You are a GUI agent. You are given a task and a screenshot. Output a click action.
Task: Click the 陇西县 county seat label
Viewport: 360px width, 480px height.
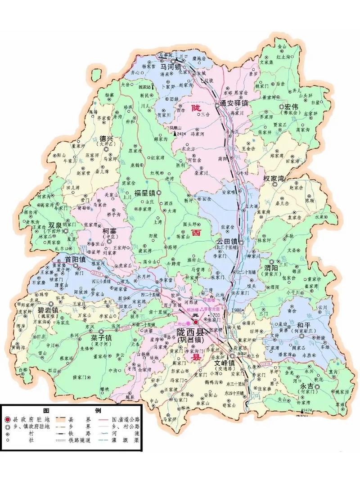(x=190, y=332)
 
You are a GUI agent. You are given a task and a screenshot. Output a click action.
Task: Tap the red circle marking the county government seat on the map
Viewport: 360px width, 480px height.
(x=195, y=323)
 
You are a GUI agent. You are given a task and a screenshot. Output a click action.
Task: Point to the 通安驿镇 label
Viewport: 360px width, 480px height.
(x=234, y=103)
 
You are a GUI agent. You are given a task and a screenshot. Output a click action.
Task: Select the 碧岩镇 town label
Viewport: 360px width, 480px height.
(x=48, y=310)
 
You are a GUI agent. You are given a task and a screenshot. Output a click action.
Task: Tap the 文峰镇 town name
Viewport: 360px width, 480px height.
(x=225, y=363)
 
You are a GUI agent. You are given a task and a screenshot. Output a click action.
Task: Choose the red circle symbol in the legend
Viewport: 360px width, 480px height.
(x=8, y=419)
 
